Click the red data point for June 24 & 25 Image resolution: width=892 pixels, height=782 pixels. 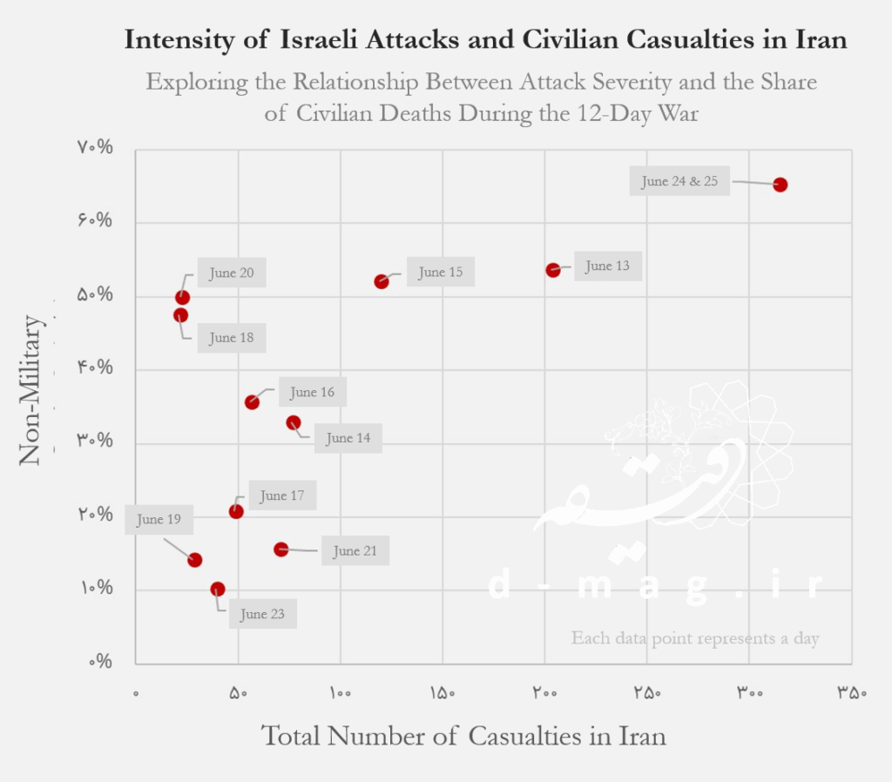point(780,185)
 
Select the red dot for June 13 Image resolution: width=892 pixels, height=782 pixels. point(552,270)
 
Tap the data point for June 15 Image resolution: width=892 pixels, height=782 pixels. point(382,281)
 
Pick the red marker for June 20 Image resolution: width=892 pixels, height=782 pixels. point(183,298)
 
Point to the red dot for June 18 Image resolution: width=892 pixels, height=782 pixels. point(180,315)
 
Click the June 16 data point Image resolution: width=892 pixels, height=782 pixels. point(252,402)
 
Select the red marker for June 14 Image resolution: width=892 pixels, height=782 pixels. point(294,422)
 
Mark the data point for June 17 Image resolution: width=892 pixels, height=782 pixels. point(236,511)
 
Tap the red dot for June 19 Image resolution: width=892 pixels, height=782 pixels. point(195,560)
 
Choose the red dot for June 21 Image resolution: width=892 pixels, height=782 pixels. point(280,549)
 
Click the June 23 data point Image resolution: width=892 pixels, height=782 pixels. point(218,590)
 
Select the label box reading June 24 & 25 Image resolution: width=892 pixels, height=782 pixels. point(679,182)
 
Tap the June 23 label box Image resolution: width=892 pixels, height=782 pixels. point(262,614)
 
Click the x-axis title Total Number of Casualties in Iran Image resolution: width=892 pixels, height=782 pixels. point(463,736)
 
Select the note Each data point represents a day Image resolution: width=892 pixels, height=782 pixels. point(695,638)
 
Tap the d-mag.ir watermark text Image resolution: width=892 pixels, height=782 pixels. point(655,586)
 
